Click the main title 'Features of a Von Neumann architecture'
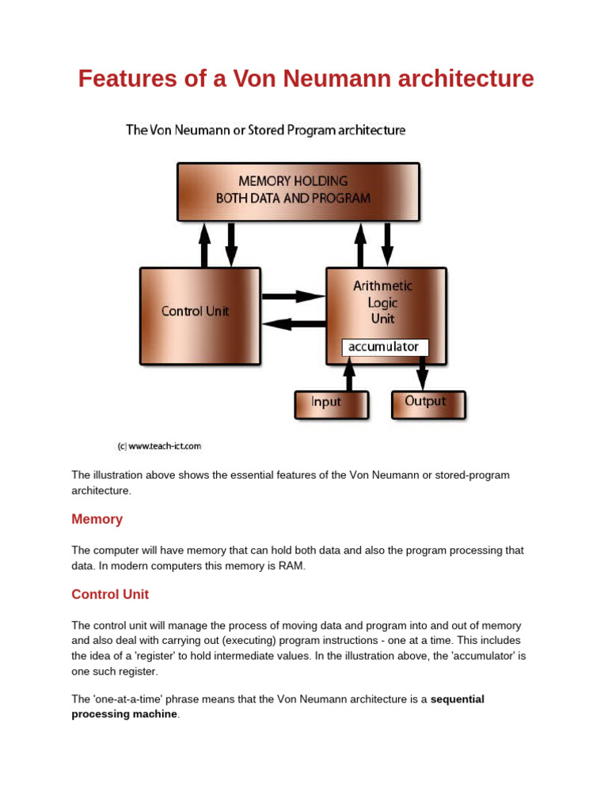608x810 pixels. pyautogui.click(x=306, y=79)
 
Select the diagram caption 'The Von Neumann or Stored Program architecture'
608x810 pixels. pyautogui.click(x=265, y=130)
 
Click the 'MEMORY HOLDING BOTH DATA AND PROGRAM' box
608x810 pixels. pyautogui.click(x=298, y=191)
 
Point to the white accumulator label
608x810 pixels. pyautogui.click(x=385, y=347)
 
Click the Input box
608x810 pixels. pyautogui.click(x=331, y=403)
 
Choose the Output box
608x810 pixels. pyautogui.click(x=428, y=403)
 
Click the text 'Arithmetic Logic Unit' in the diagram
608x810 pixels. pyautogui.click(x=383, y=302)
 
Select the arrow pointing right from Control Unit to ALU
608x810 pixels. pyautogui.click(x=293, y=297)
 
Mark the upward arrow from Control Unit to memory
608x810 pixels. pyautogui.click(x=204, y=244)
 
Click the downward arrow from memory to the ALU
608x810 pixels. pyautogui.click(x=387, y=244)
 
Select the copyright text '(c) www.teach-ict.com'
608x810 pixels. pyautogui.click(x=160, y=446)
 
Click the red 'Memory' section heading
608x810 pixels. pyautogui.click(x=97, y=520)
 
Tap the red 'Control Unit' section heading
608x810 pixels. pyautogui.click(x=110, y=595)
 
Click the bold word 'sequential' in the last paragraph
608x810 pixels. pyautogui.click(x=457, y=699)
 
